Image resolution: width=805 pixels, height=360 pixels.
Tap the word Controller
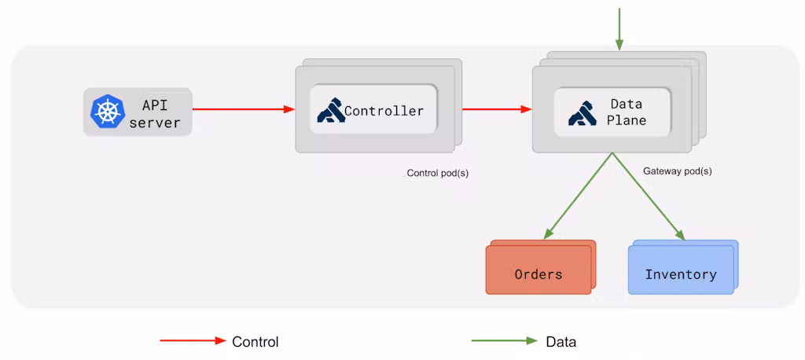(384, 111)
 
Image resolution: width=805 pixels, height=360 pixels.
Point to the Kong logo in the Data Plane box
(583, 112)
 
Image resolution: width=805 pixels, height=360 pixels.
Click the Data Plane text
(627, 112)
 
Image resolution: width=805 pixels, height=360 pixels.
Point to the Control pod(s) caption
(437, 173)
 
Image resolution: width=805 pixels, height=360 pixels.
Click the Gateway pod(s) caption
(677, 171)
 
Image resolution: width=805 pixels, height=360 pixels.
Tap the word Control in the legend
(255, 342)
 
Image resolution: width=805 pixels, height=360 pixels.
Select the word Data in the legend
(561, 342)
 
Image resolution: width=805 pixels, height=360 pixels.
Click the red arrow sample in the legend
(193, 341)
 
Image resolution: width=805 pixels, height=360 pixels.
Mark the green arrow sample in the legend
(504, 341)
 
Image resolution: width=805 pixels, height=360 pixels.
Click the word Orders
(539, 274)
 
